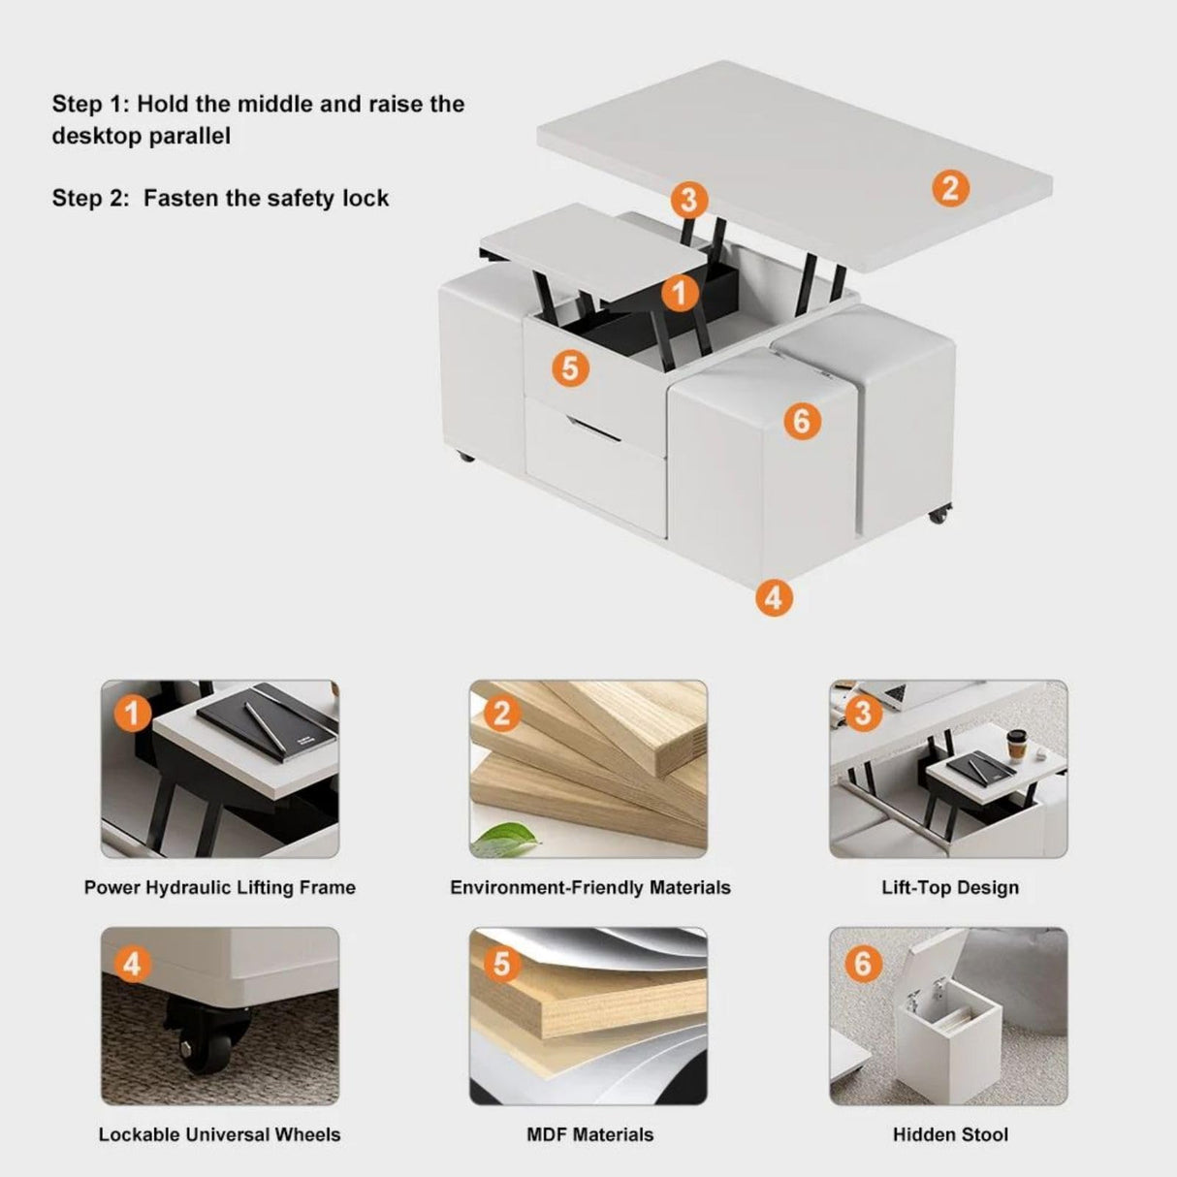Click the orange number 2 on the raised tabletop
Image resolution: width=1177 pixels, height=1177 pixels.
pyautogui.click(x=950, y=187)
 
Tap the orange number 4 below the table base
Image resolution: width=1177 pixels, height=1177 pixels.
pyautogui.click(x=773, y=597)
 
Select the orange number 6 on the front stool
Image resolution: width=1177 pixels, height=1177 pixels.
pyautogui.click(x=802, y=421)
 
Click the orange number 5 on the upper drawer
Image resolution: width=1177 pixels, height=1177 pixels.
pyautogui.click(x=570, y=368)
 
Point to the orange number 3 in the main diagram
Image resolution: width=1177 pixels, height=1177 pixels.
pyautogui.click(x=687, y=200)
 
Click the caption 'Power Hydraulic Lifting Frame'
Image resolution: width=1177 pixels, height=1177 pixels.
pyautogui.click(x=220, y=887)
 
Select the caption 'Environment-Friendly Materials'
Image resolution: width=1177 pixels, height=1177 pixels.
pyautogui.click(x=589, y=887)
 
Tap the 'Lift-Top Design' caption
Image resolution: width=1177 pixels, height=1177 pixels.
pyautogui.click(x=949, y=887)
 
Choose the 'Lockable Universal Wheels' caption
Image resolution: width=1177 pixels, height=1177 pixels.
pyautogui.click(x=220, y=1134)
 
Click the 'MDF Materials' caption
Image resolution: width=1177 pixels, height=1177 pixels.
pyautogui.click(x=589, y=1134)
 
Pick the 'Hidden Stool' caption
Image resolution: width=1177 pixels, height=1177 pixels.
pyautogui.click(x=949, y=1134)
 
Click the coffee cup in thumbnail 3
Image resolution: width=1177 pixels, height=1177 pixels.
pyautogui.click(x=1017, y=745)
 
